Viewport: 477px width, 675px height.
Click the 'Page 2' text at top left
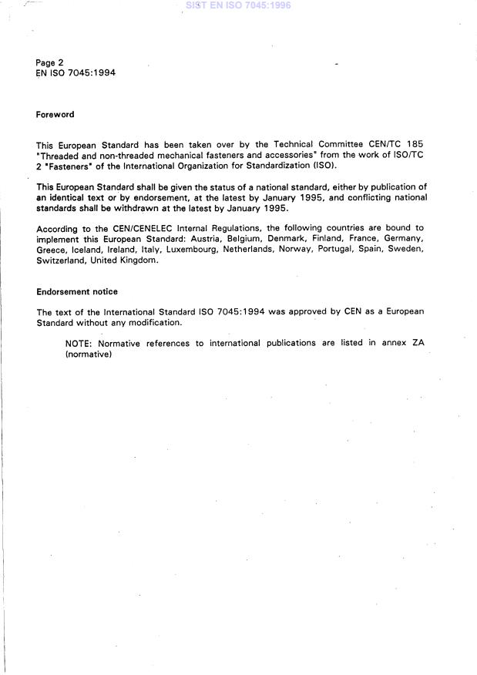(50, 62)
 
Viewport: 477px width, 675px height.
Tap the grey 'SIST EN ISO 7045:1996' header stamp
(238, 5)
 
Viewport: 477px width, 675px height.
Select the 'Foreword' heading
(55, 115)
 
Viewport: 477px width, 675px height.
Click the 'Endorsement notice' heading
(76, 292)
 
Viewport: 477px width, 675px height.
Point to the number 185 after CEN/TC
(415, 145)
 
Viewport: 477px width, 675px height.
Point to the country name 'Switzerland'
(60, 260)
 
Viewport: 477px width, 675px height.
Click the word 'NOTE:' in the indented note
(79, 343)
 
